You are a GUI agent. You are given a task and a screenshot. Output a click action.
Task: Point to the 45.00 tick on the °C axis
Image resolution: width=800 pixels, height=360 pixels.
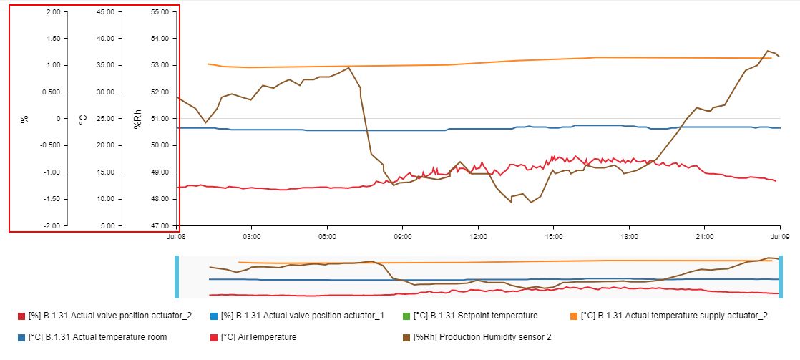[x=104, y=12]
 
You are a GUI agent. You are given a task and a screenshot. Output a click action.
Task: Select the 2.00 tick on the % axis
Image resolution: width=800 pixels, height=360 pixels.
[x=52, y=12]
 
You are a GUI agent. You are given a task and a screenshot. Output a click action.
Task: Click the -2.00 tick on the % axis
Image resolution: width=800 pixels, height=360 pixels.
[x=50, y=225]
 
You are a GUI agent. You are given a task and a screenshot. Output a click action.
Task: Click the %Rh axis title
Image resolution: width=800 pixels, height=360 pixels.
[x=137, y=119]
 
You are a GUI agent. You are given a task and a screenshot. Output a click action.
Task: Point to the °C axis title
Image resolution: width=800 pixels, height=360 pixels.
[x=82, y=119]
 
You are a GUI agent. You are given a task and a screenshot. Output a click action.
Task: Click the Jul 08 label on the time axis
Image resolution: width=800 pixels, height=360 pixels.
[x=177, y=235]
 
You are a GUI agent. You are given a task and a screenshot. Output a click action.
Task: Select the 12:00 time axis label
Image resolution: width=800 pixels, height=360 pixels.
[x=478, y=235]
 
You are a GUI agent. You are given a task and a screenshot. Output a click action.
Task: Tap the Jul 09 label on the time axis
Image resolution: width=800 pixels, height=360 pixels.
[x=779, y=235]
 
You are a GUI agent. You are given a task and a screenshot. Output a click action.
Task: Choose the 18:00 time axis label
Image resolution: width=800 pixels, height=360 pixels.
[x=629, y=235]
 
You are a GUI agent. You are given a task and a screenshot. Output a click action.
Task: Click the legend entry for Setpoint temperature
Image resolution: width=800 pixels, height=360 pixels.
[x=495, y=316]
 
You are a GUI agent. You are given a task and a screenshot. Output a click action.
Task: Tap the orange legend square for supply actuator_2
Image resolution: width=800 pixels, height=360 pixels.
[x=574, y=316]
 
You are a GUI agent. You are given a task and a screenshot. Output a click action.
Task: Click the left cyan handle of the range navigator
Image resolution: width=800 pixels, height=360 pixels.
[x=177, y=276]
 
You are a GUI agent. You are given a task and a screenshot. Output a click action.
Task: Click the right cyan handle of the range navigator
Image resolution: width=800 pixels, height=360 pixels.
[x=781, y=276]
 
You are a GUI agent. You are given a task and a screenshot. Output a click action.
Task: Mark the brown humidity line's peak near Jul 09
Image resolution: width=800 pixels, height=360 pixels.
[x=768, y=51]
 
